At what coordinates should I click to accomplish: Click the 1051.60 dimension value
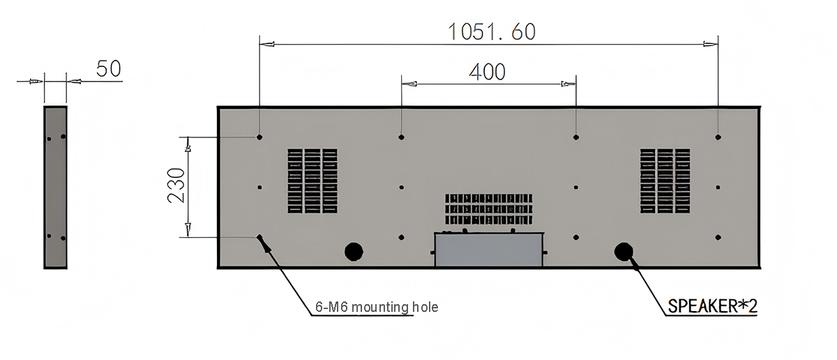492,32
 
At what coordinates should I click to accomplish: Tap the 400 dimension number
488,72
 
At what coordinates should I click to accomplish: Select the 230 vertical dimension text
176,186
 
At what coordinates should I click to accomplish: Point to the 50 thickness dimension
109,69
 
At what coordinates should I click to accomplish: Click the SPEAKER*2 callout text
713,306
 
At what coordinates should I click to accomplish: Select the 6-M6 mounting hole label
377,307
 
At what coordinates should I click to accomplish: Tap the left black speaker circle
354,251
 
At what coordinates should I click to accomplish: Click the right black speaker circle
624,251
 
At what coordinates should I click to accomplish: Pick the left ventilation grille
312,181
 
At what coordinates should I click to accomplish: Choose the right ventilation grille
665,181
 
